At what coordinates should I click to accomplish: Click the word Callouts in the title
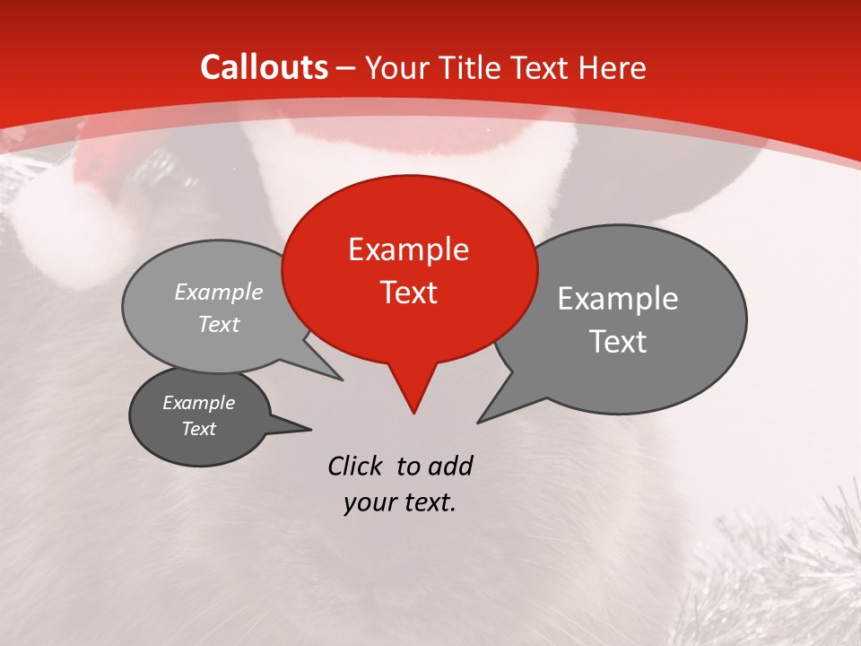pyautogui.click(x=264, y=67)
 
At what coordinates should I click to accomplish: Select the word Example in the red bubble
pyautogui.click(x=408, y=249)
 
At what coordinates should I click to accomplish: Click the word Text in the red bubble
pyautogui.click(x=408, y=292)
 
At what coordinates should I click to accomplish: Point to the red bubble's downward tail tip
pyautogui.click(x=413, y=412)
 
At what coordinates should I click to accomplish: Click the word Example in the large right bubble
pyautogui.click(x=617, y=299)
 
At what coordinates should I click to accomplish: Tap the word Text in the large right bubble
pyautogui.click(x=617, y=342)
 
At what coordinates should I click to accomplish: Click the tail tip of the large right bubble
pyautogui.click(x=479, y=421)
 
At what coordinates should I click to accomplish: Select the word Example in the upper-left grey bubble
pyautogui.click(x=219, y=292)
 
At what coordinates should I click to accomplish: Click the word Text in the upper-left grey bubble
pyautogui.click(x=219, y=325)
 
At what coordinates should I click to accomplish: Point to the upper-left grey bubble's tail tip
pyautogui.click(x=342, y=380)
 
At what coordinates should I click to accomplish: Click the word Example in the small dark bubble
pyautogui.click(x=198, y=403)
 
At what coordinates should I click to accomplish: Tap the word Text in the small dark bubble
pyautogui.click(x=198, y=429)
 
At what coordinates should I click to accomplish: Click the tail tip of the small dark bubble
pyautogui.click(x=310, y=429)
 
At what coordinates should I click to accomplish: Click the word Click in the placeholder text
pyautogui.click(x=357, y=466)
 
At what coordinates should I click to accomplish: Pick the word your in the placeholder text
pyautogui.click(x=370, y=502)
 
